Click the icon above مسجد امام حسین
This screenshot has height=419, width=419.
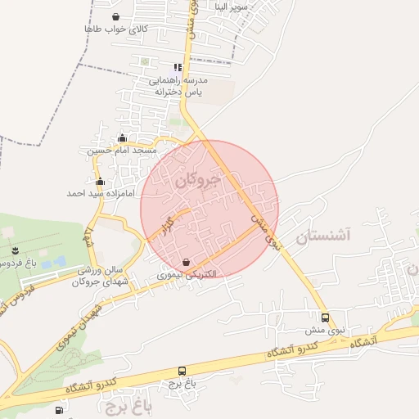(123, 137)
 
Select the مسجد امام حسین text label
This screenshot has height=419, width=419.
(122, 151)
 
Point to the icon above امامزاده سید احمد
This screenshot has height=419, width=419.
(101, 181)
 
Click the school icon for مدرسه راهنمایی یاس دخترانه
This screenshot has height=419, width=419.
(177, 68)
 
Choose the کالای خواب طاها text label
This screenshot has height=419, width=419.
(115, 29)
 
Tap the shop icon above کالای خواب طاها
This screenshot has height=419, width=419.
(115, 16)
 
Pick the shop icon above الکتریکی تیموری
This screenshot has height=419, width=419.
(187, 263)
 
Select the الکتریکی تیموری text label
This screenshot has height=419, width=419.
(187, 276)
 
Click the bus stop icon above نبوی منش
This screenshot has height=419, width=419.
(325, 318)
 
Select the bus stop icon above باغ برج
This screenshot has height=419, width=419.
(181, 371)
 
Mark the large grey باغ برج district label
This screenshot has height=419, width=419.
(129, 402)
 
